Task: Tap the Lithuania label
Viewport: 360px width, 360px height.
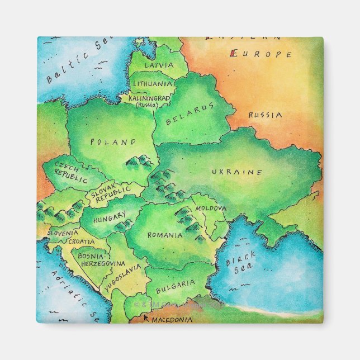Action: [x=151, y=83]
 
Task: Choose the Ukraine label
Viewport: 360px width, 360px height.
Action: [x=236, y=172]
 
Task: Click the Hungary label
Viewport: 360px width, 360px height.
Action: [x=110, y=217]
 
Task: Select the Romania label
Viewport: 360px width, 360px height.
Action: [x=165, y=235]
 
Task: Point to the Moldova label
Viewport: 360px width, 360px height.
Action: [x=211, y=209]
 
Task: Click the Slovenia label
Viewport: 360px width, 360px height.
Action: [x=63, y=233]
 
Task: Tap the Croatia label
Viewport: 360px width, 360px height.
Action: [x=82, y=241]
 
